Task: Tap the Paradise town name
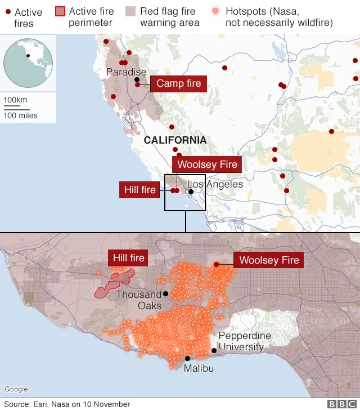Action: (126, 72)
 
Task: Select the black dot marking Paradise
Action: (137, 80)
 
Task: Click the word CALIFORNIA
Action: (175, 140)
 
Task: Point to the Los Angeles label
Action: (215, 184)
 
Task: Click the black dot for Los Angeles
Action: (191, 191)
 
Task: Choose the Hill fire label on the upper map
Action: (140, 190)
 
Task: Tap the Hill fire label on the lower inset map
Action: (129, 259)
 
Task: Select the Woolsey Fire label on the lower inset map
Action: (269, 260)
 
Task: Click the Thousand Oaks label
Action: (139, 300)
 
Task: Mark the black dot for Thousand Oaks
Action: (165, 293)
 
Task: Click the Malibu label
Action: (199, 368)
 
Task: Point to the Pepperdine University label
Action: (244, 341)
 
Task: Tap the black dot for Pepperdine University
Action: (214, 350)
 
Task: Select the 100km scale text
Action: (15, 100)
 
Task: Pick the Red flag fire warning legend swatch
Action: (130, 11)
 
